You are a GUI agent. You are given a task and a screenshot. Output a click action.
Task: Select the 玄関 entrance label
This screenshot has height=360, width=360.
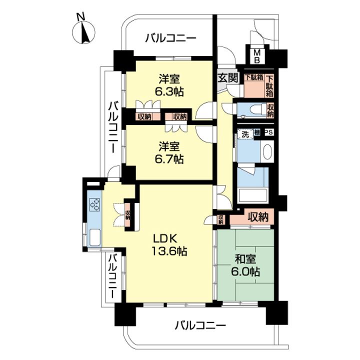point(227,78)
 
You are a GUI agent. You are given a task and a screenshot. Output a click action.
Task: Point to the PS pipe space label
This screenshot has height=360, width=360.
point(269,132)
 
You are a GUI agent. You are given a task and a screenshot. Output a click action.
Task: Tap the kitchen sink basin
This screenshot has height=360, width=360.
point(95,237)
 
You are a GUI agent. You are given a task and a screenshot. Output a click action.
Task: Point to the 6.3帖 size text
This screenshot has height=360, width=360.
point(169,92)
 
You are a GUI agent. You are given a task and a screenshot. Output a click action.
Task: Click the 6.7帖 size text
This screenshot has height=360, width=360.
point(169,159)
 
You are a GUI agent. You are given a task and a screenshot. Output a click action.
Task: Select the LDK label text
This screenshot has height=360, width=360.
point(165,239)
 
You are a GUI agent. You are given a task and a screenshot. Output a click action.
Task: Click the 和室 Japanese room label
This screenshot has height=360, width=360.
point(245,259)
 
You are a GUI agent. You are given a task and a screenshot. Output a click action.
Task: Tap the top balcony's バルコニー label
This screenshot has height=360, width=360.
point(171,38)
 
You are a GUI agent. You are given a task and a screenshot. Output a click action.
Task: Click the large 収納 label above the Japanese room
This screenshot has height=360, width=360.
point(258,216)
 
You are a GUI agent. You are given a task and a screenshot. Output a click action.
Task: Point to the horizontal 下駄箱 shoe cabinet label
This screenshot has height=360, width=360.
point(254,77)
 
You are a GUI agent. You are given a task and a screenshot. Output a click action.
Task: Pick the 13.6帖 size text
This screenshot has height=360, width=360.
point(169,251)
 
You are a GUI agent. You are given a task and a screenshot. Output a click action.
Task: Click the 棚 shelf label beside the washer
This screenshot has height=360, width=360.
point(257,132)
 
